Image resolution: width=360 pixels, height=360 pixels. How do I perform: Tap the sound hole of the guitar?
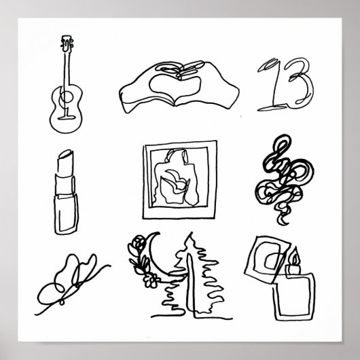tap(65, 102)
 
